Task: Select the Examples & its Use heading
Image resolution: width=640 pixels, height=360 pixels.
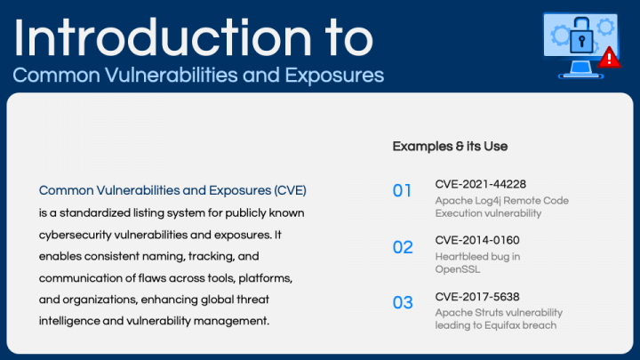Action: click(450, 146)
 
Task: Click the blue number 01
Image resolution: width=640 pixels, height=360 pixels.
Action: click(403, 190)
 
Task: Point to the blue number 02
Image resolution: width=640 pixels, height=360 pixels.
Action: click(403, 246)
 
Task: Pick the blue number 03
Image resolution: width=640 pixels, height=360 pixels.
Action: click(403, 302)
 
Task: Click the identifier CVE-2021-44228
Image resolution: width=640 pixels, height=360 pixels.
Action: click(480, 184)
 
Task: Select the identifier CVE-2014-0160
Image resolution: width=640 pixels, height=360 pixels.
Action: click(477, 240)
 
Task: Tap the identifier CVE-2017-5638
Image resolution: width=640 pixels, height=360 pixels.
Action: click(477, 296)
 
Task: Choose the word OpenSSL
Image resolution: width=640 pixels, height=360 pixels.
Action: click(455, 269)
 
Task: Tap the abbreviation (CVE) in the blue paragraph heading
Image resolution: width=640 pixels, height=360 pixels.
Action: click(290, 190)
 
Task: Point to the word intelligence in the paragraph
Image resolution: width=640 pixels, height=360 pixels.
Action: click(69, 320)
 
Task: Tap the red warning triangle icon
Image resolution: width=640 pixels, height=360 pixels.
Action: click(607, 59)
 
